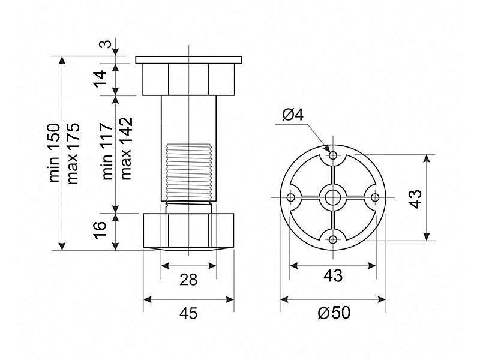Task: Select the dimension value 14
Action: [100, 79]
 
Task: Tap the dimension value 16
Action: [100, 229]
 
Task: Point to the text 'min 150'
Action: [55, 153]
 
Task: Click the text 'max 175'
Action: [73, 154]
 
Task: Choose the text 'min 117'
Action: [108, 151]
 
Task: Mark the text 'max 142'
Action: [126, 148]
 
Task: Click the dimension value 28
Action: [188, 280]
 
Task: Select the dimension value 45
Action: [188, 313]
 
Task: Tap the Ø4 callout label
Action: [293, 115]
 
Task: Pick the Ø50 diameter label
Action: [334, 313]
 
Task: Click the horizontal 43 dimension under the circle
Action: [333, 276]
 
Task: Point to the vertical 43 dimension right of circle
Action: [415, 199]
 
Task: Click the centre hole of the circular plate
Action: [333, 197]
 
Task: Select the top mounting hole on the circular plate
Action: [333, 155]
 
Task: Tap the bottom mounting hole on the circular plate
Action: [333, 239]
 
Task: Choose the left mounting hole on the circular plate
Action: [291, 197]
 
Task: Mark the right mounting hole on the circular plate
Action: [375, 197]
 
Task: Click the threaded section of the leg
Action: [188, 172]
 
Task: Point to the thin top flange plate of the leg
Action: [188, 59]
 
